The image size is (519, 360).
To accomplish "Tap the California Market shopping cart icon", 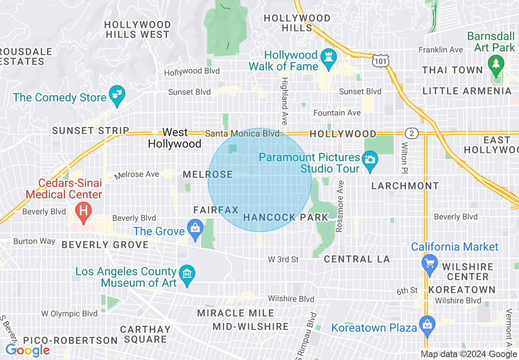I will (x=430, y=262).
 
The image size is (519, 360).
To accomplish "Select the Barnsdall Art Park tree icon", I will (x=496, y=64).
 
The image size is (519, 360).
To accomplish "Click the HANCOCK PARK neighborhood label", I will (x=286, y=217).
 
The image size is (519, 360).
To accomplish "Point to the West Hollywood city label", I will (x=175, y=138).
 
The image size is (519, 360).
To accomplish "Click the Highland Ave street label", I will (x=284, y=101).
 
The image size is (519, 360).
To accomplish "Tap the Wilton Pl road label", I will (x=404, y=158).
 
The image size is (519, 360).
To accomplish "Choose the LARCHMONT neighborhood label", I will (x=405, y=186).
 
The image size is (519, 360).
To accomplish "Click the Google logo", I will (x=27, y=350).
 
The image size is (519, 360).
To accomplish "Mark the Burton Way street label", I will (x=34, y=241).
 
